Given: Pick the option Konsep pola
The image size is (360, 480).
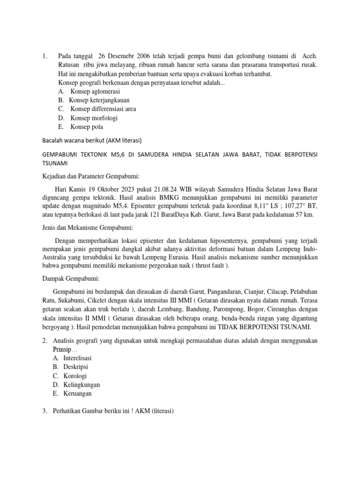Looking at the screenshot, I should (87, 127).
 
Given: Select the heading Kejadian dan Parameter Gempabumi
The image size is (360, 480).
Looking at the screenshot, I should (85, 176).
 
